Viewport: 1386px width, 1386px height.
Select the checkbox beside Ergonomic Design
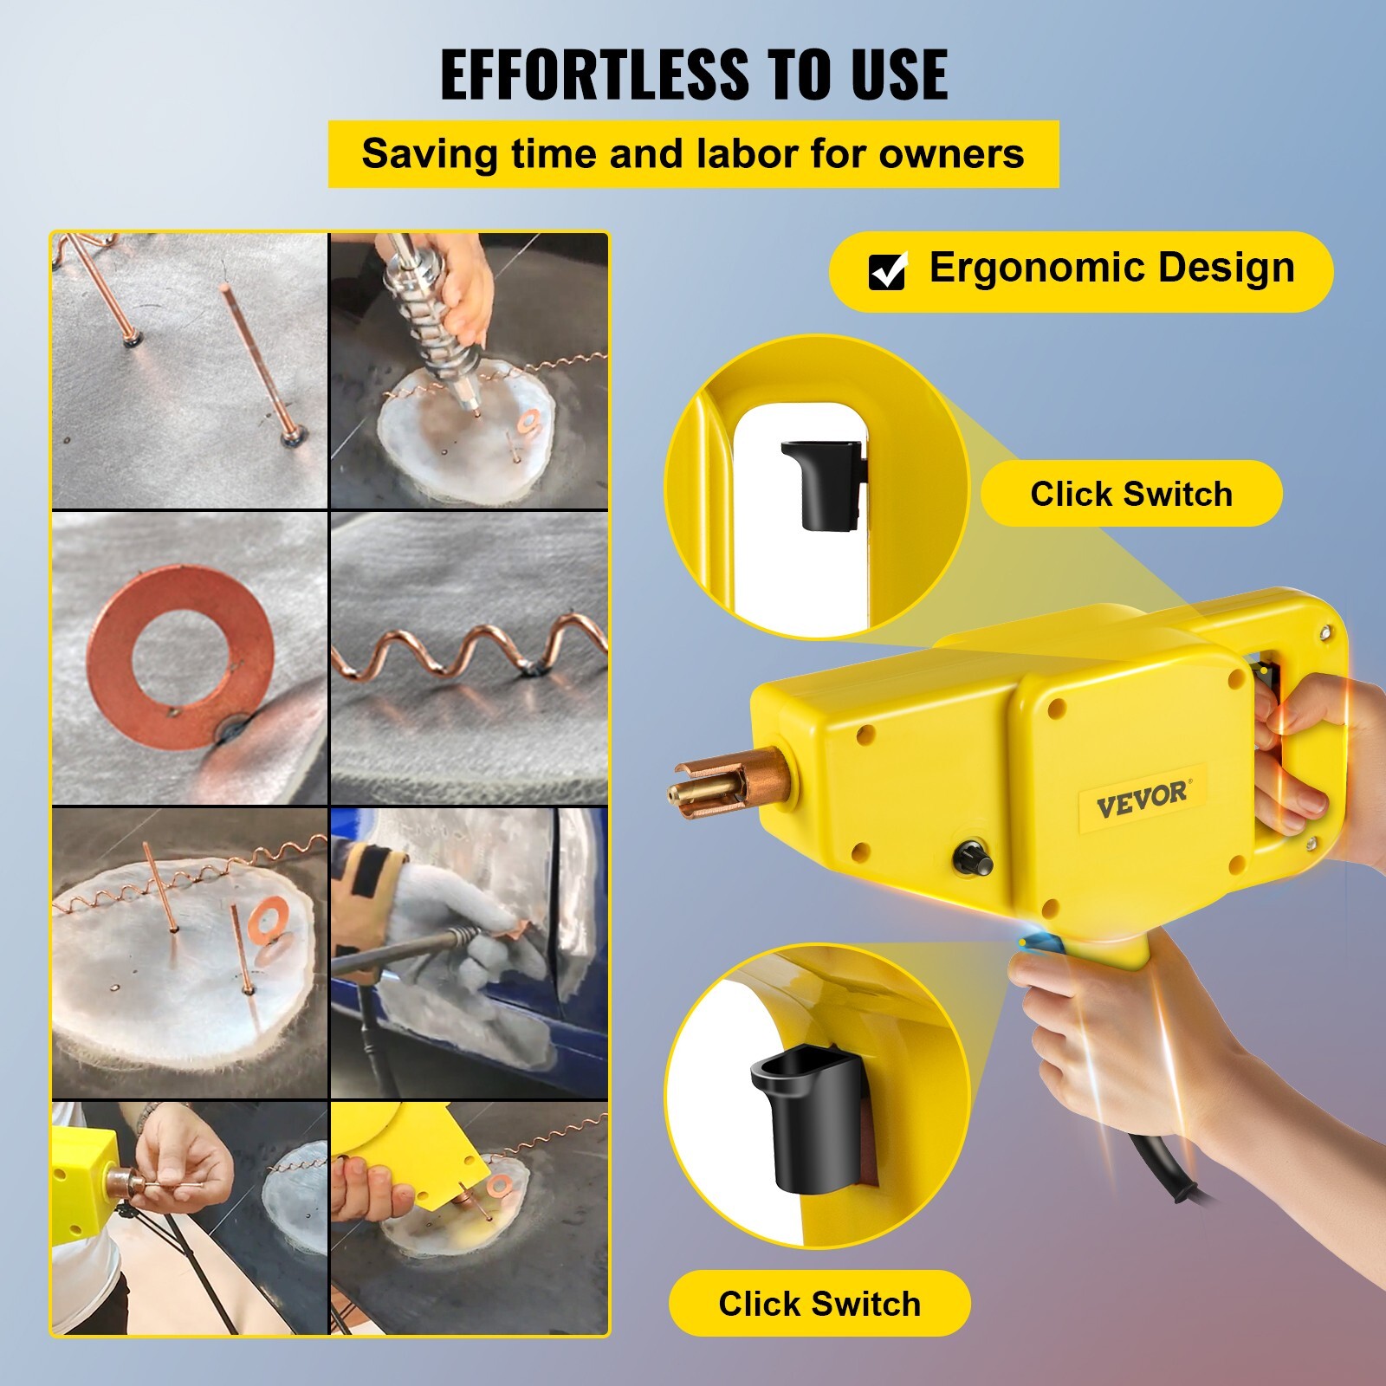click(887, 271)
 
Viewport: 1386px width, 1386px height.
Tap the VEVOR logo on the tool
click(1143, 799)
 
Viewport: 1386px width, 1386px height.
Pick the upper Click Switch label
click(1131, 494)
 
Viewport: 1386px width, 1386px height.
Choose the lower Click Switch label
click(819, 1303)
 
